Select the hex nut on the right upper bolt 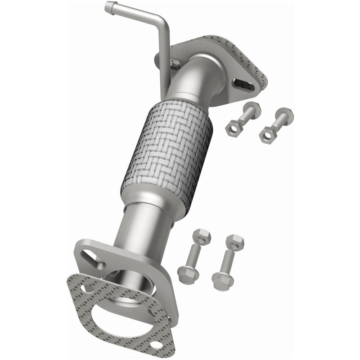[267, 134]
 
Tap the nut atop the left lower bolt [201, 237]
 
